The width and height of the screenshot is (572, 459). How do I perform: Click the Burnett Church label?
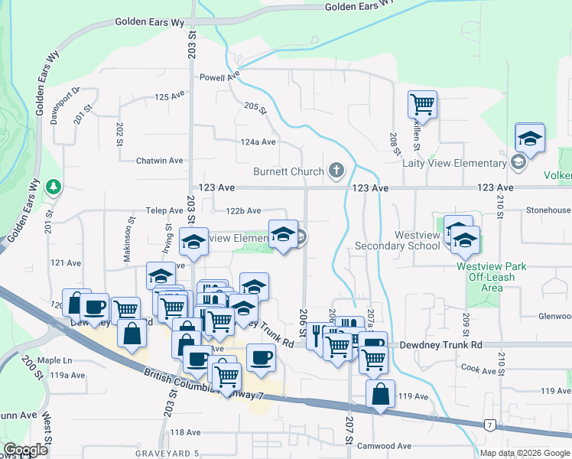(x=290, y=171)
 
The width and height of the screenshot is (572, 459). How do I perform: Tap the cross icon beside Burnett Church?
(x=336, y=171)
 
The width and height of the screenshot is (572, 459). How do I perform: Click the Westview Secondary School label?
(x=397, y=240)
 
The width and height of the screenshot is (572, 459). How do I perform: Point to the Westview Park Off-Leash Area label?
(x=492, y=277)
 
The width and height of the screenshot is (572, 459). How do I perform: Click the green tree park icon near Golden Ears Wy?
(x=54, y=187)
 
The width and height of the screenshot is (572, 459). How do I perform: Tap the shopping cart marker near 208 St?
(x=422, y=104)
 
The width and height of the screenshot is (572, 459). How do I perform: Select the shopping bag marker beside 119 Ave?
(x=380, y=395)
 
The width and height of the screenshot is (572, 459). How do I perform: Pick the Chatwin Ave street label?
(x=159, y=161)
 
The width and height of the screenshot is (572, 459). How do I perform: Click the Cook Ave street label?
(x=479, y=369)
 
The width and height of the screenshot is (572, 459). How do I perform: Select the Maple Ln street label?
(x=55, y=360)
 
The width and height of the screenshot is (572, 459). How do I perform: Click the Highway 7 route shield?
(x=489, y=425)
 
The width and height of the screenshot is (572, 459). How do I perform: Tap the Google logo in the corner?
(x=25, y=449)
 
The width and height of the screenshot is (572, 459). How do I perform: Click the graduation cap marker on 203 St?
(x=193, y=242)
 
